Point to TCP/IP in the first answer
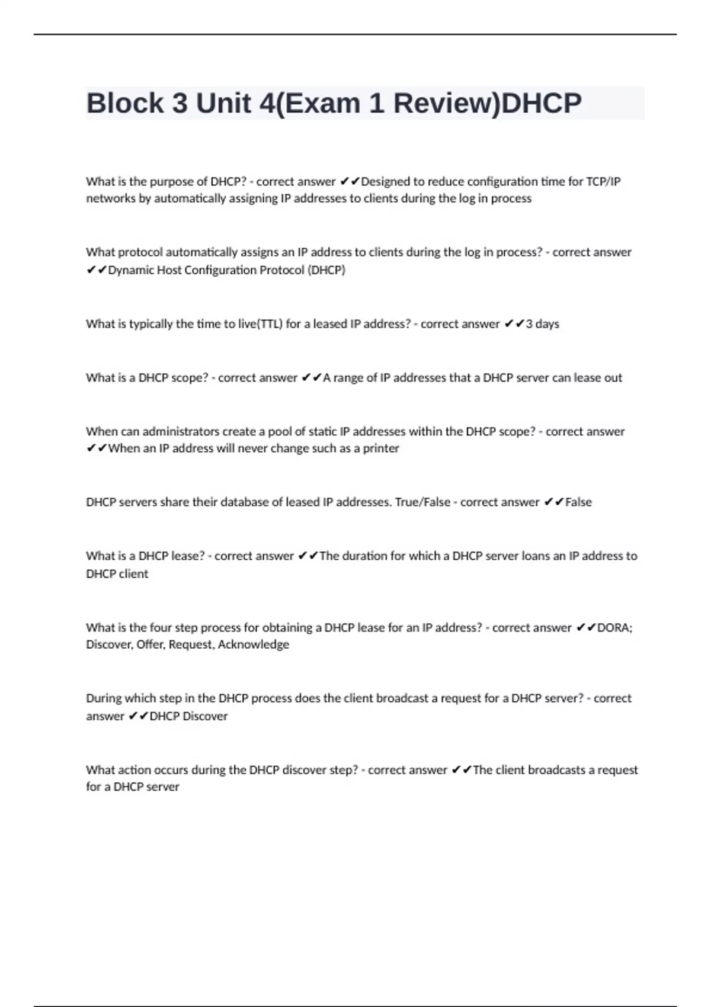pos(603,181)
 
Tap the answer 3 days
pos(543,324)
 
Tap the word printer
pos(381,448)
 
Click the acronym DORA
pos(614,627)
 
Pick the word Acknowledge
pos(254,644)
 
